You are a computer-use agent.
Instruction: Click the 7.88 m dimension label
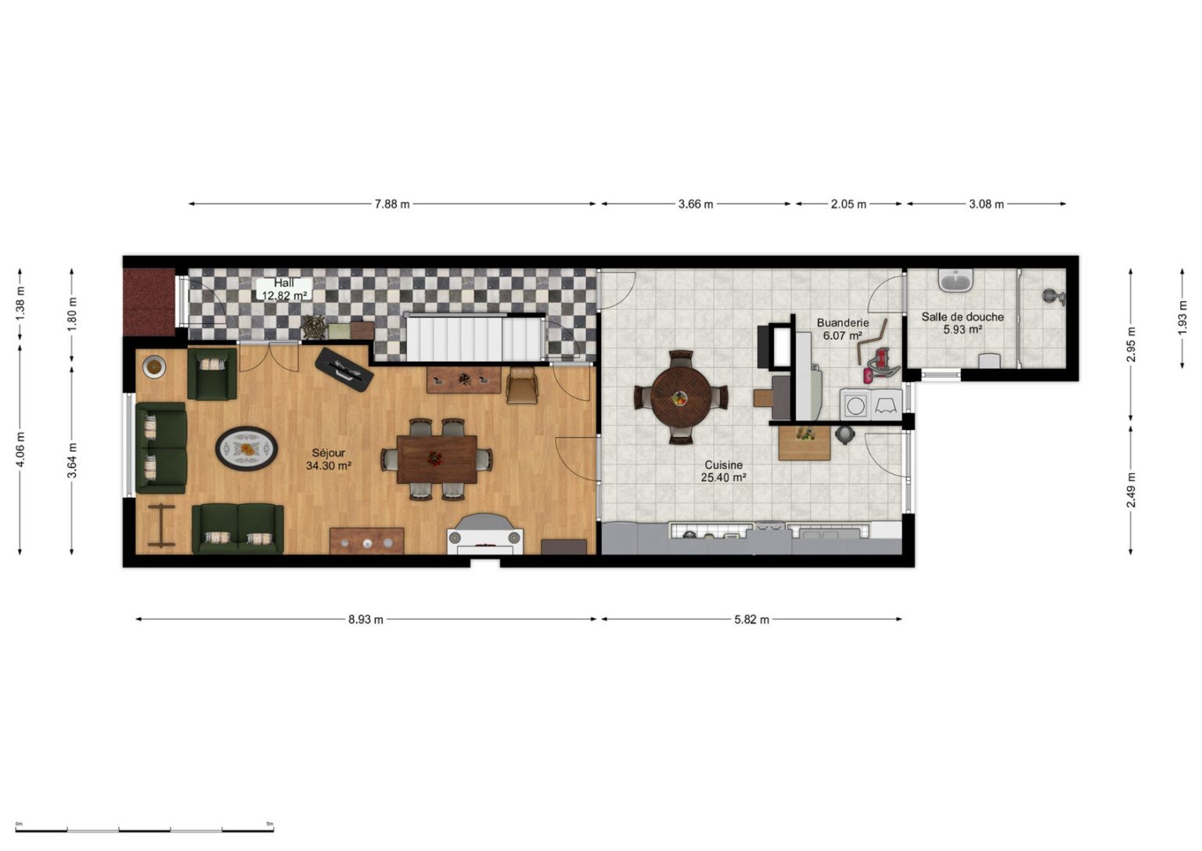click(x=392, y=204)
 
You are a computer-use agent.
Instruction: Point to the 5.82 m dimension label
click(x=751, y=619)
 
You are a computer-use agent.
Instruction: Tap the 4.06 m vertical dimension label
click(x=20, y=449)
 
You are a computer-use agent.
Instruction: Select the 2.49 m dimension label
click(x=1131, y=489)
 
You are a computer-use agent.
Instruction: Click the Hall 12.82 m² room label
click(x=284, y=289)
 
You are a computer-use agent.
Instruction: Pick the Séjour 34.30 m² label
click(x=329, y=460)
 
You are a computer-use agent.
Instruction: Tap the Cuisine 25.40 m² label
click(x=723, y=471)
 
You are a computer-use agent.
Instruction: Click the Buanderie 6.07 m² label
click(x=843, y=329)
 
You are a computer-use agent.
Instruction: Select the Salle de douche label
click(x=963, y=317)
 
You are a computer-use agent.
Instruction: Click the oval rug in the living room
click(x=247, y=449)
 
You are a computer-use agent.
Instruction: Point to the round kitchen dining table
click(x=682, y=397)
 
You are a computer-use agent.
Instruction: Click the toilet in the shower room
click(x=989, y=360)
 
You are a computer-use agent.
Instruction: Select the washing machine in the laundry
click(x=855, y=404)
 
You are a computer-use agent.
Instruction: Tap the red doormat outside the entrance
click(x=149, y=302)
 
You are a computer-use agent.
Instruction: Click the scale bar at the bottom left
click(x=144, y=830)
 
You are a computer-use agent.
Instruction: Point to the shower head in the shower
click(x=1053, y=297)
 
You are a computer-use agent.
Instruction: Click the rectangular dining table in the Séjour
click(x=437, y=460)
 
